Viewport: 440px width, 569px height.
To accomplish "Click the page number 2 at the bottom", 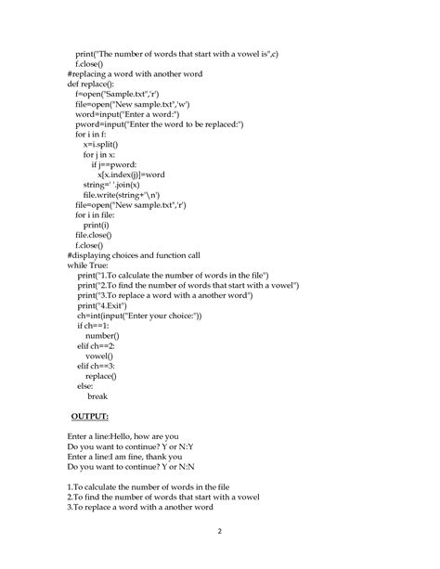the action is [219, 531].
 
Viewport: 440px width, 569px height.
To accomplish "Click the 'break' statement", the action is [97, 395].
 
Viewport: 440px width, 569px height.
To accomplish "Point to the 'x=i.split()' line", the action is [105, 144].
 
